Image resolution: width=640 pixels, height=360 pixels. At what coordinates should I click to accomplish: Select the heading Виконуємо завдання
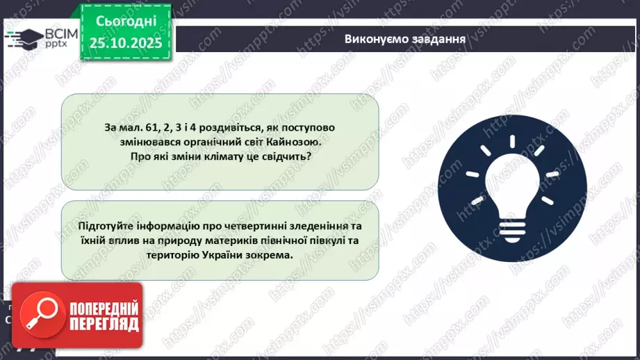click(x=404, y=38)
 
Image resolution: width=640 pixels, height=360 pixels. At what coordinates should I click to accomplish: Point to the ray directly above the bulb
click(x=511, y=142)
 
